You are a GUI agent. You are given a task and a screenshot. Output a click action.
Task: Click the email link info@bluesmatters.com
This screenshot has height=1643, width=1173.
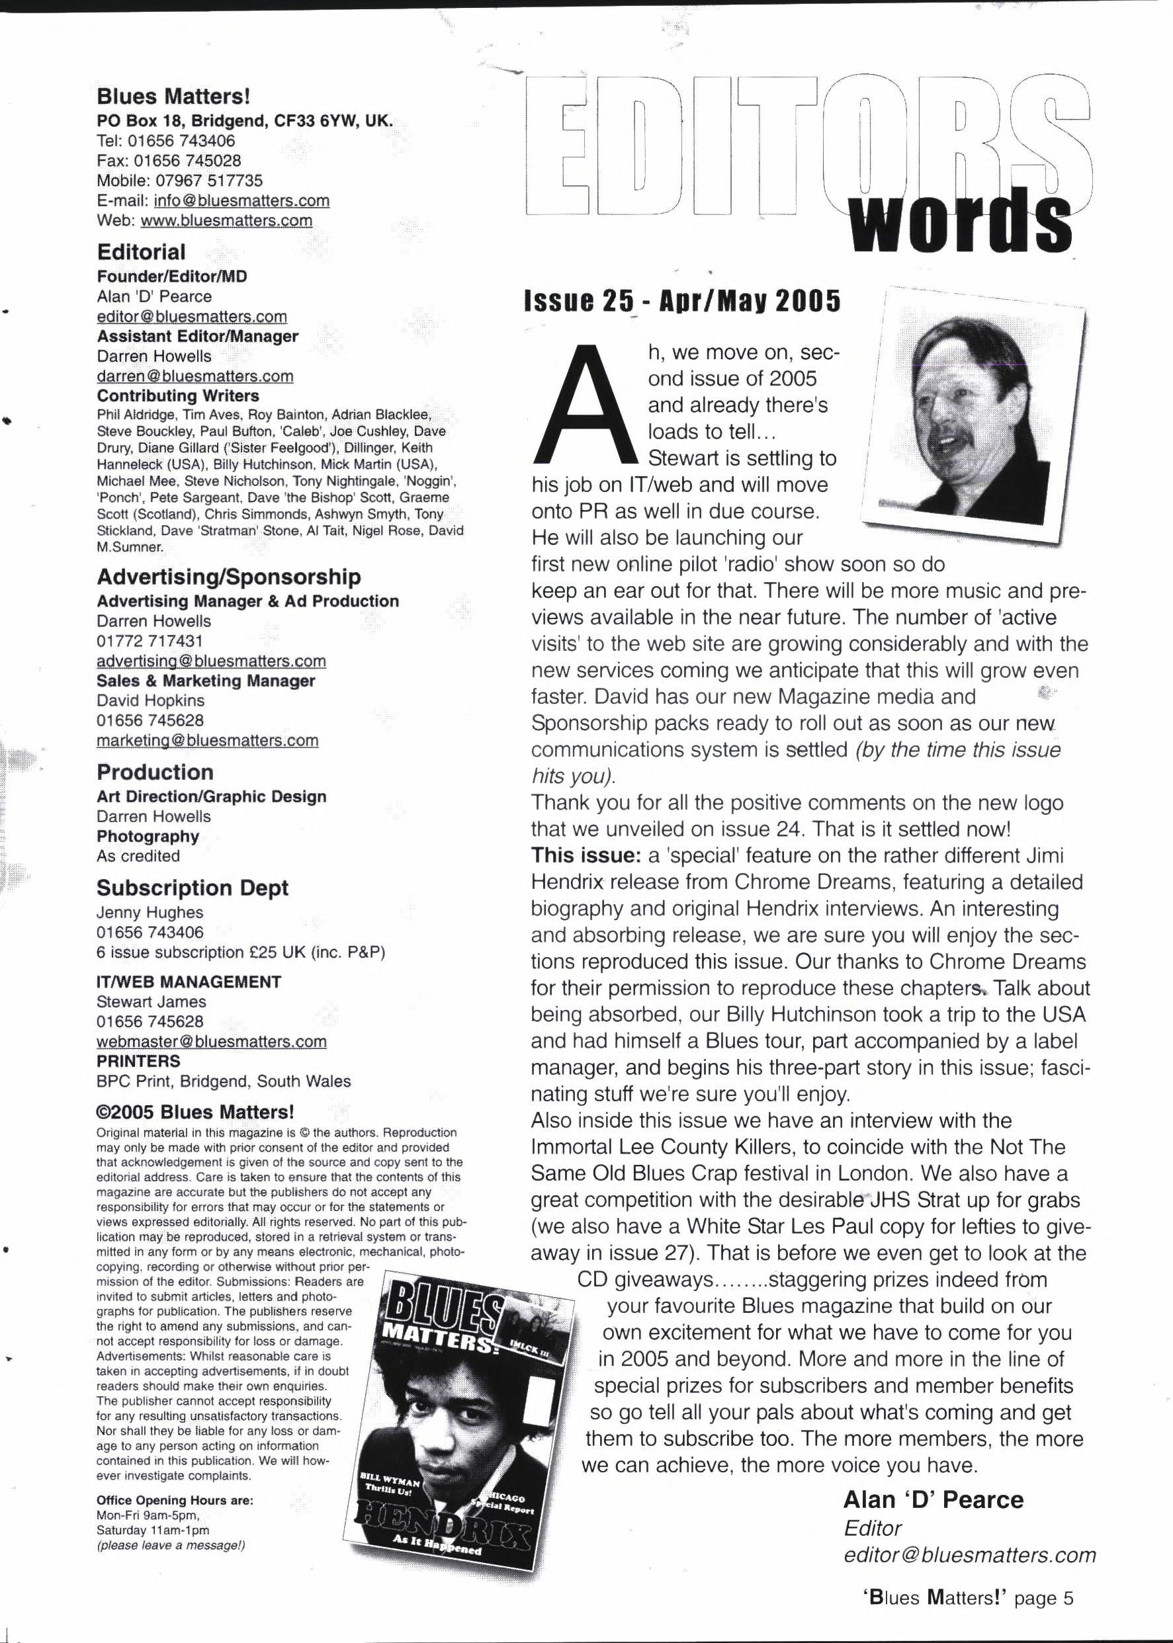pos(241,201)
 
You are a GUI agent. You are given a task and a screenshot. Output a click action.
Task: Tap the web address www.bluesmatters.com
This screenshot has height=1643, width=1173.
pos(226,220)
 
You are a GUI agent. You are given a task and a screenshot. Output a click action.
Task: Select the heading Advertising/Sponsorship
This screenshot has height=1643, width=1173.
pos(228,576)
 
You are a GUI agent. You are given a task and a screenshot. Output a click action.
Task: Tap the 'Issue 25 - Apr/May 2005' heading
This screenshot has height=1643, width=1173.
pos(682,302)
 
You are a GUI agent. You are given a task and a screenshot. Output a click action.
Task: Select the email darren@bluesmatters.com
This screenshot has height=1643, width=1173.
pos(195,376)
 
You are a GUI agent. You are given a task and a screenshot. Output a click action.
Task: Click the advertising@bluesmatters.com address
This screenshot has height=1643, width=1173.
pos(211,661)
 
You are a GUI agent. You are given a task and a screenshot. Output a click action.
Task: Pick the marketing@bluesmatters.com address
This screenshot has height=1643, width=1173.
pos(207,740)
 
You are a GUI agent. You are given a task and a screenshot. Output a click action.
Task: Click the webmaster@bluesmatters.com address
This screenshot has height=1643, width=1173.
pos(211,1041)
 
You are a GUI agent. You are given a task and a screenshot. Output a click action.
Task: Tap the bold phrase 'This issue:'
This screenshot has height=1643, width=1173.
pos(586,855)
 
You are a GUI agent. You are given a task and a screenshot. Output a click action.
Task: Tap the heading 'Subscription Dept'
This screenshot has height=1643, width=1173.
pos(192,888)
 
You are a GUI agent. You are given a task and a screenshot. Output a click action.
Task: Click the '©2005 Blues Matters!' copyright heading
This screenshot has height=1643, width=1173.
pos(195,1112)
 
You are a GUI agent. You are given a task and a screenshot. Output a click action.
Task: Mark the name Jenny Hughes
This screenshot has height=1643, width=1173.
pos(150,912)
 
